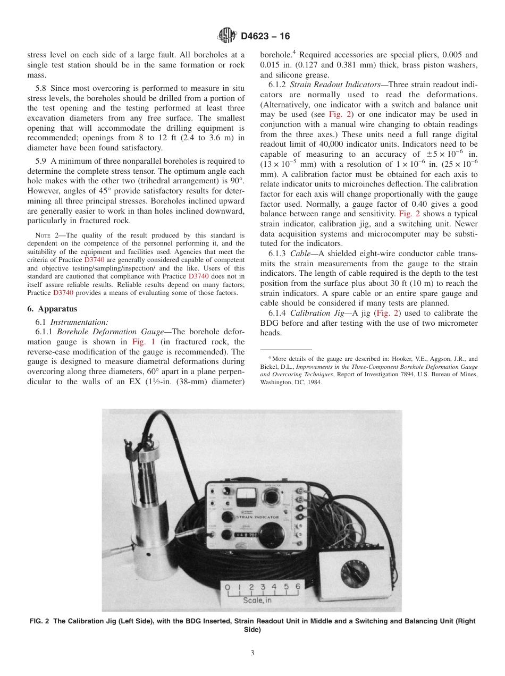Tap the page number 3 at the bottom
coord(252,653)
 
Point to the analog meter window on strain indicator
coord(246,497)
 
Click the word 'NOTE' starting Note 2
coord(42,235)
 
